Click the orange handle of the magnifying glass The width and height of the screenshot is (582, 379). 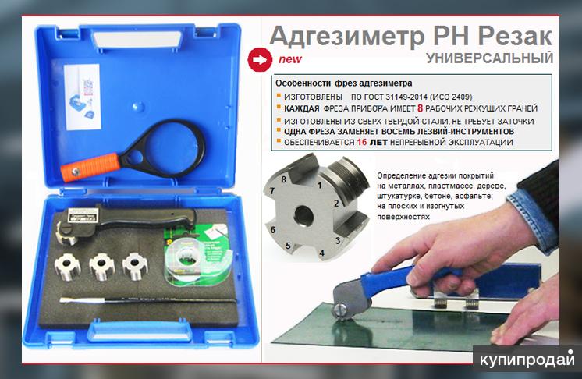(x=91, y=167)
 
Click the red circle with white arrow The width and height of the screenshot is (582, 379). (x=260, y=59)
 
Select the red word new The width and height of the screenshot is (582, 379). (x=290, y=59)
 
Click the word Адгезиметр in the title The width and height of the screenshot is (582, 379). (x=346, y=37)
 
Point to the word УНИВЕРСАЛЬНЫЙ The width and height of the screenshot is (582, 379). (x=490, y=58)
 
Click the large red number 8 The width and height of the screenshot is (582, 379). (x=421, y=108)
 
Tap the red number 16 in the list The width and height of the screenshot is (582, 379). (x=362, y=142)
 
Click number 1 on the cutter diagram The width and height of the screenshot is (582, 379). (x=319, y=185)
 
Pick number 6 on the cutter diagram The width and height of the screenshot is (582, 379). (x=273, y=230)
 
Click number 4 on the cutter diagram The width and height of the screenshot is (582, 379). (x=321, y=253)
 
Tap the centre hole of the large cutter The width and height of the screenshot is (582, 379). (x=303, y=215)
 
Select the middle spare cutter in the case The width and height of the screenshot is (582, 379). (x=101, y=265)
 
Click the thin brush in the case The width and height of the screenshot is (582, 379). (x=148, y=299)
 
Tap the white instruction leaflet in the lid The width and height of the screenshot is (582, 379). (x=82, y=97)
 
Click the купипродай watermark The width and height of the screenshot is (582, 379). (x=527, y=359)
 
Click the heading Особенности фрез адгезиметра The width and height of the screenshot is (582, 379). (x=343, y=83)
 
